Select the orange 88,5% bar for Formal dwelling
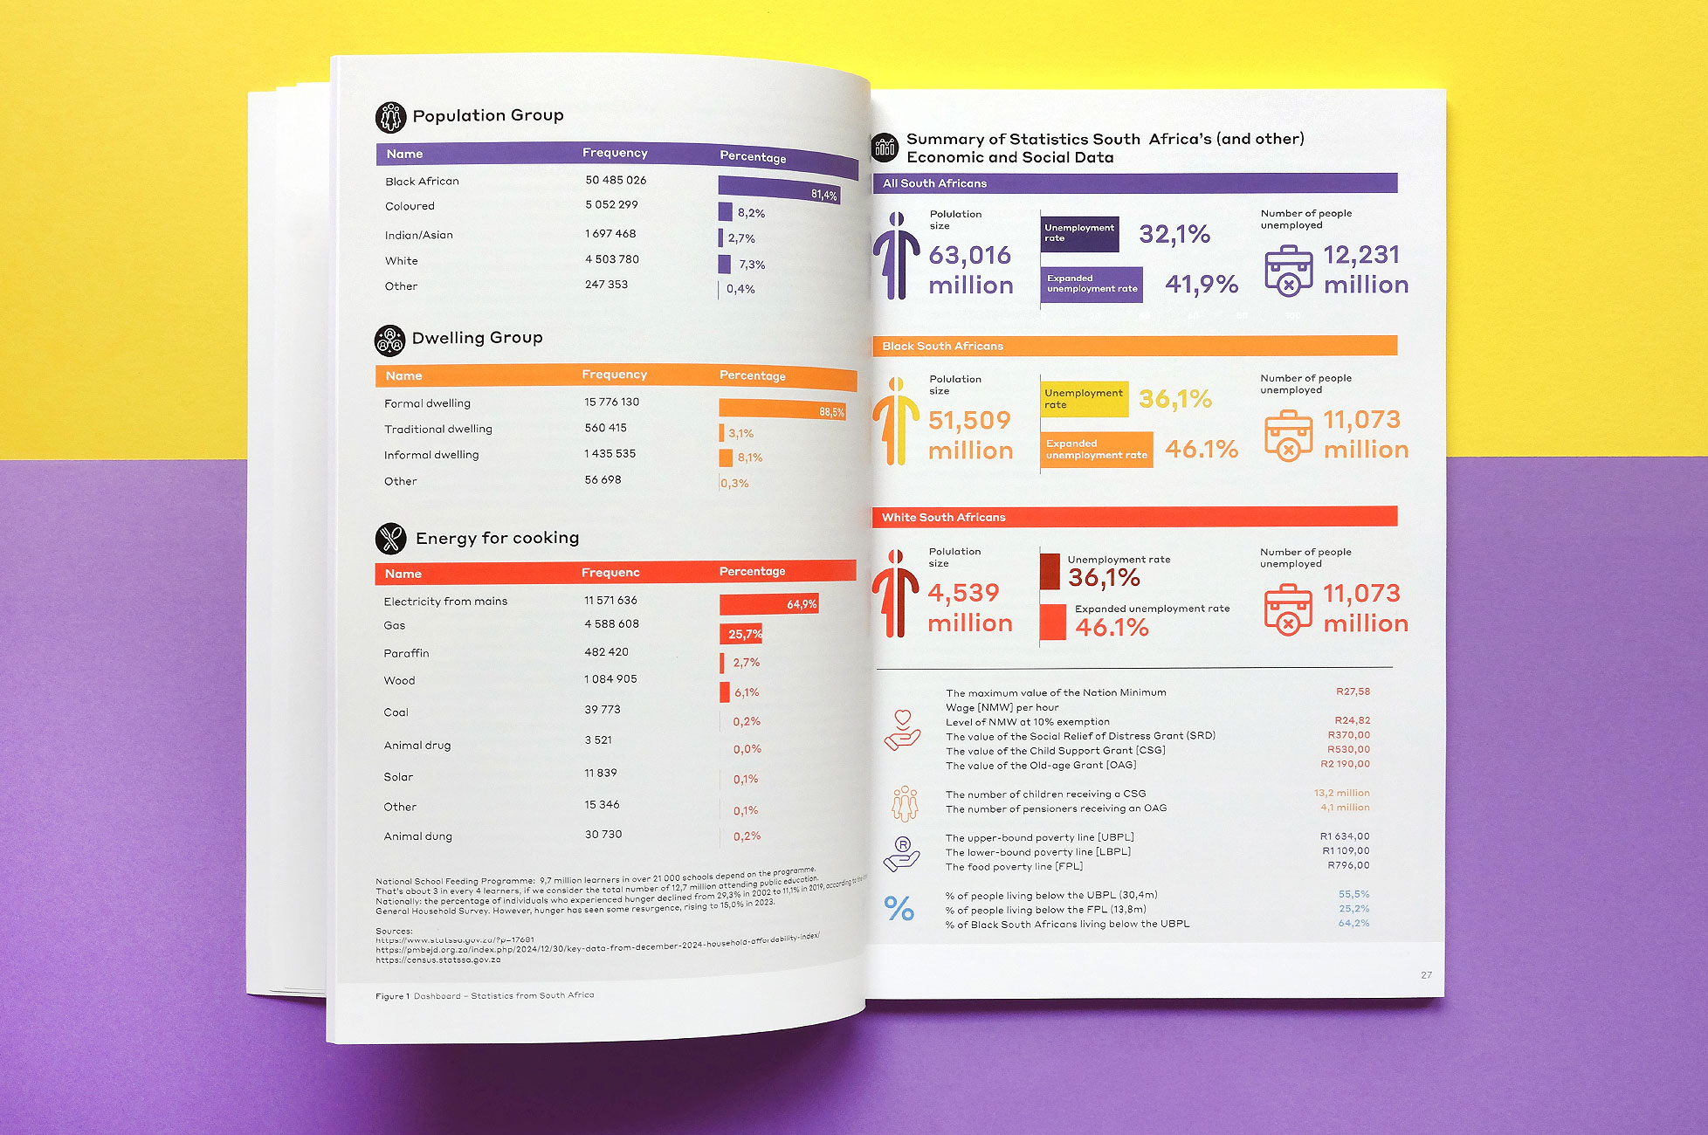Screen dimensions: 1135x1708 click(x=782, y=409)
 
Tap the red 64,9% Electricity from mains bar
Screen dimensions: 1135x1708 click(x=768, y=604)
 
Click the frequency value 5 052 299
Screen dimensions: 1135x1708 click(x=611, y=205)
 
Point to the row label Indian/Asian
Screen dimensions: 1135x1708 click(x=419, y=235)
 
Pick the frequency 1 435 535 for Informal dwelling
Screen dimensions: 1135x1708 click(x=610, y=454)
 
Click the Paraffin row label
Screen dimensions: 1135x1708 click(x=407, y=653)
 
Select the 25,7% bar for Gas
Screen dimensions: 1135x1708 click(x=741, y=634)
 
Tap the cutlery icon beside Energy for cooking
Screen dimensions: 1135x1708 click(x=391, y=539)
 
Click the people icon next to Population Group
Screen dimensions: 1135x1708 click(x=390, y=116)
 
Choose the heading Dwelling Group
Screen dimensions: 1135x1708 click(x=477, y=338)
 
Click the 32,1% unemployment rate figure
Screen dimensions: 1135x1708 click(x=1174, y=234)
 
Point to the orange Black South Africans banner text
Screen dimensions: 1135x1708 click(x=942, y=347)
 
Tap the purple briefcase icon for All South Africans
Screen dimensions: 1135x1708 click(x=1288, y=271)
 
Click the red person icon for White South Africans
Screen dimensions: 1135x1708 click(x=895, y=594)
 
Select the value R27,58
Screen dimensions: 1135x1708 click(x=1353, y=691)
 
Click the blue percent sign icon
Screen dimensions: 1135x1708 click(x=899, y=909)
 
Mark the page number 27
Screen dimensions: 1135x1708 click(x=1426, y=975)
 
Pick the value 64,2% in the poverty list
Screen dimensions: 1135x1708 click(x=1353, y=924)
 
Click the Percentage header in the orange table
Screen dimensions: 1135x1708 click(x=752, y=375)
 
